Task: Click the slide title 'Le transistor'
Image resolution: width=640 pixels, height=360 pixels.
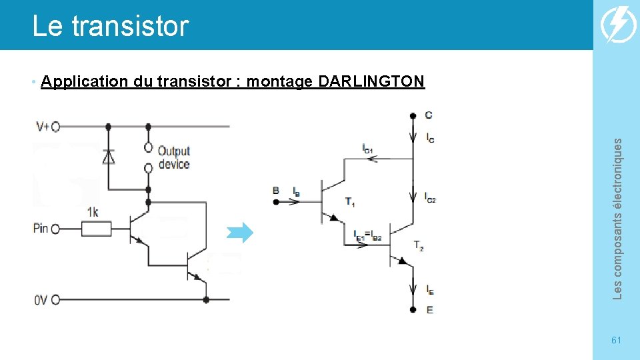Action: click(x=111, y=26)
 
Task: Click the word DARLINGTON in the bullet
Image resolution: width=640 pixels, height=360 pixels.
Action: click(x=371, y=82)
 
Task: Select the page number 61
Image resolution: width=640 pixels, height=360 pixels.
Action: click(x=616, y=340)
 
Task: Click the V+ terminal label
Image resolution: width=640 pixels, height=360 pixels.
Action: click(x=41, y=126)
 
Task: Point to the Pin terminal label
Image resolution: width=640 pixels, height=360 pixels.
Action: click(x=41, y=229)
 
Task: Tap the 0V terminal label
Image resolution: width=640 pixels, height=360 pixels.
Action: click(x=41, y=300)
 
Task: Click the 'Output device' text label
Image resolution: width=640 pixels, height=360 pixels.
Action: click(x=174, y=157)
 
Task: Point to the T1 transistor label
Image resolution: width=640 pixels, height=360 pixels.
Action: click(x=349, y=201)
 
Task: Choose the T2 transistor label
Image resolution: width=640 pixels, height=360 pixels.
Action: click(x=418, y=246)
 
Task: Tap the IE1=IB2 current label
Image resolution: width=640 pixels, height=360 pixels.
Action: click(x=367, y=234)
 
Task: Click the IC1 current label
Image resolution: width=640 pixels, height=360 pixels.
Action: click(x=367, y=148)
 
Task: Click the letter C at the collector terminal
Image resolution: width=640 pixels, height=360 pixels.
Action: click(x=428, y=115)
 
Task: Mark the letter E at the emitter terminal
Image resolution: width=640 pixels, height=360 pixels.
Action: click(x=429, y=309)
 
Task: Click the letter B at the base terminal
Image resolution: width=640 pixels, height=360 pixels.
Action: click(x=276, y=191)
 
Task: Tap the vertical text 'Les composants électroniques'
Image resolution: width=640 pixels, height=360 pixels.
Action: click(x=617, y=218)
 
